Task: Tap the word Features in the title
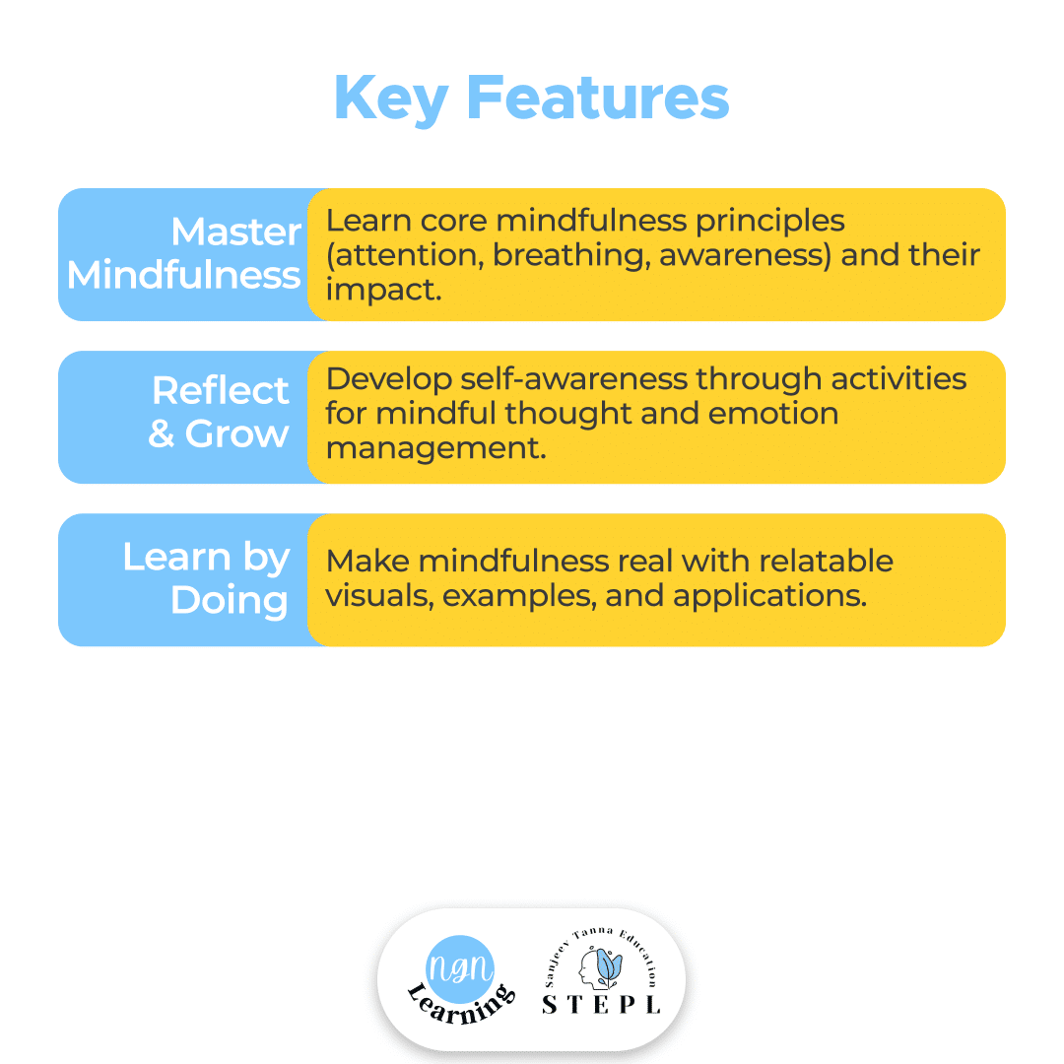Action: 598,98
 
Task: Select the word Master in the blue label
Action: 236,233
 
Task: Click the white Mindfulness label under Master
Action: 184,275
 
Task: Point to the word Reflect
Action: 221,391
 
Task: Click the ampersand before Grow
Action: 162,434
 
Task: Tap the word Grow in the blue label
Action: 237,434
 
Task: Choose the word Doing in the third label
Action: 230,600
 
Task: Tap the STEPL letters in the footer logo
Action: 601,1004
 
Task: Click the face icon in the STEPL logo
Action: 597,965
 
